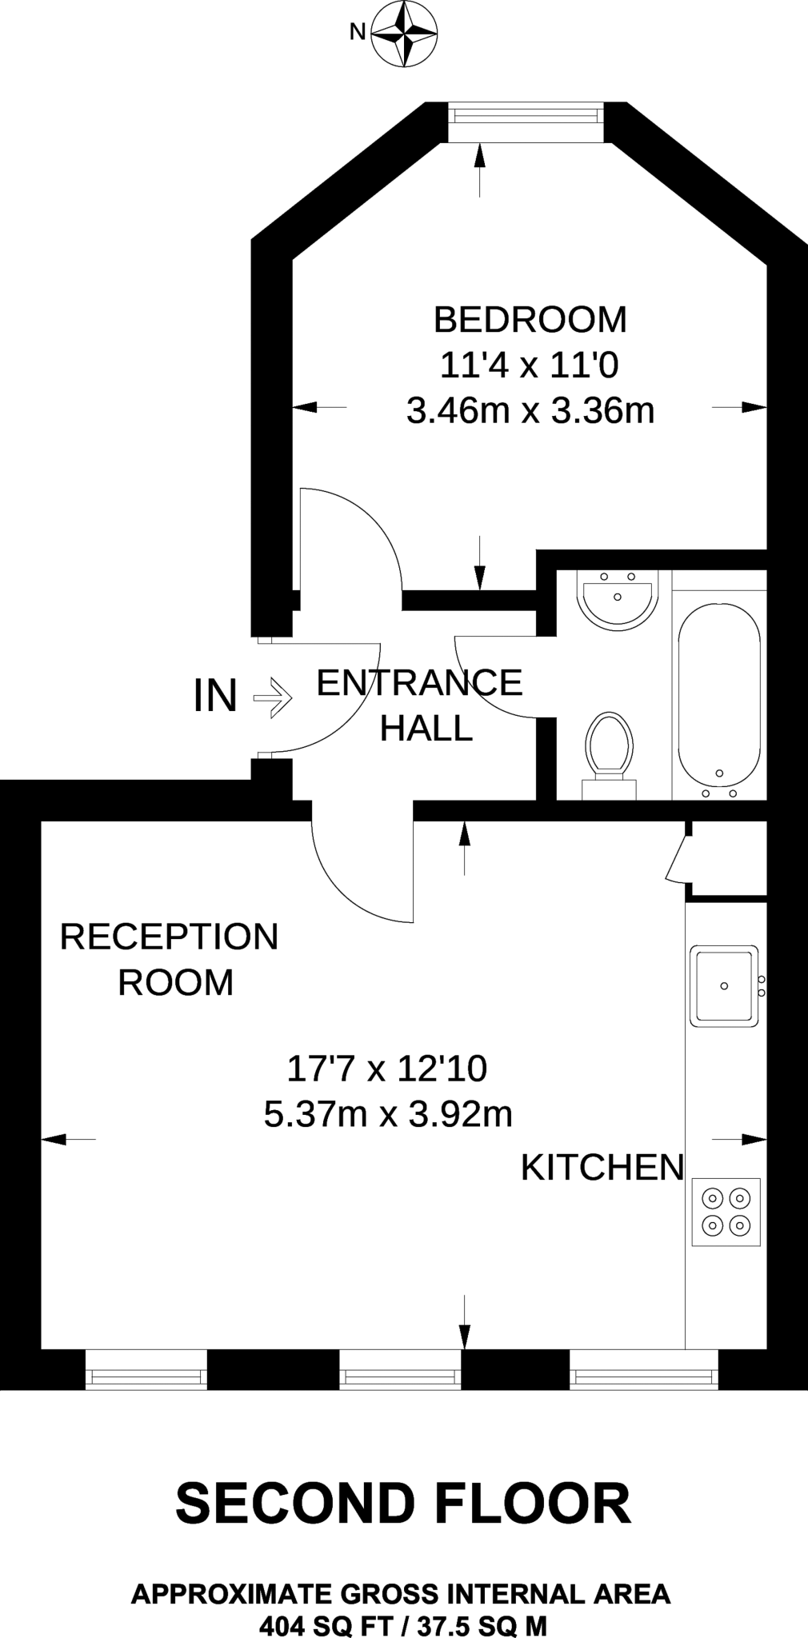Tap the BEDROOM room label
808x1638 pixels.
(530, 320)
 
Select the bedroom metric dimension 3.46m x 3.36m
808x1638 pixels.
(530, 411)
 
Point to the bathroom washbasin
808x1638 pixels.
(618, 599)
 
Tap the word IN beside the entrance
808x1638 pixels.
(215, 696)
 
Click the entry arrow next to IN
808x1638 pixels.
(273, 697)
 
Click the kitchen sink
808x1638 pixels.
(724, 985)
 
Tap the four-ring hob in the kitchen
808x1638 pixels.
(726, 1211)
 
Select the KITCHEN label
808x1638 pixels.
(602, 1167)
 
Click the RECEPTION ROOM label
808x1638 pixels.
(170, 959)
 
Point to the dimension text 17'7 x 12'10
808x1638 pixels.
(386, 1068)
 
